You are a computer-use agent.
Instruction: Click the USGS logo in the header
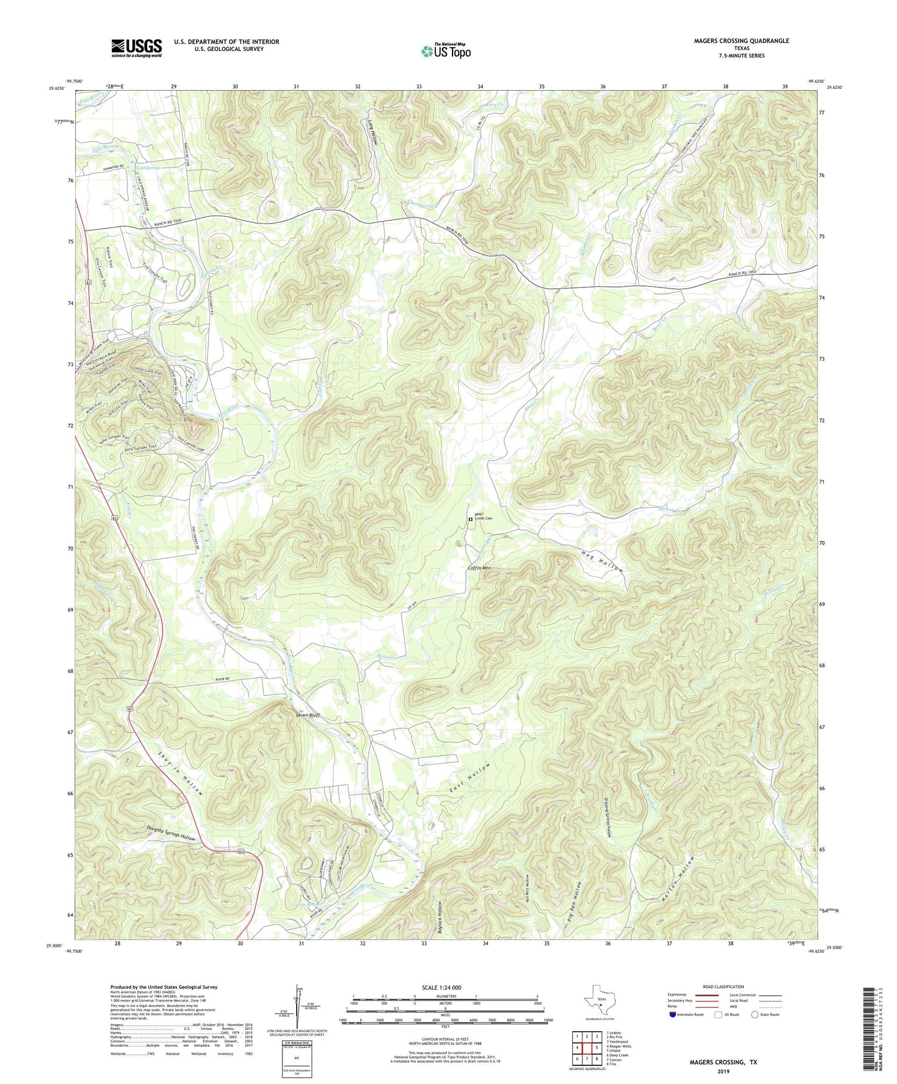tap(137, 47)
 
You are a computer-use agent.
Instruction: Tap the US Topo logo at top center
tap(445, 51)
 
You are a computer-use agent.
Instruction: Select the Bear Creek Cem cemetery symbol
tap(470, 519)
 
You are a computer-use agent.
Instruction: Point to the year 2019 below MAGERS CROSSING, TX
tap(723, 1071)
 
